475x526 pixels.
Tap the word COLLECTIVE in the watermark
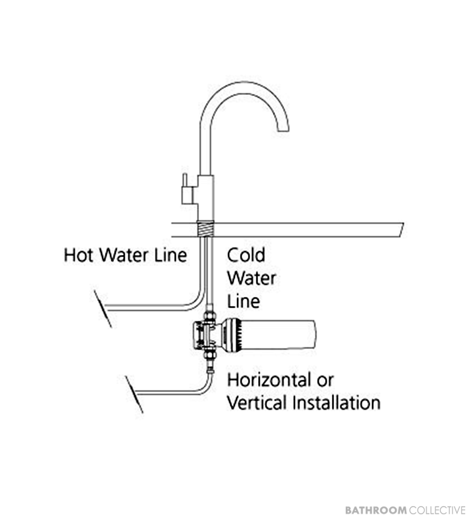[437, 510]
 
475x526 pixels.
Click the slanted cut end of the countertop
[401, 229]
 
